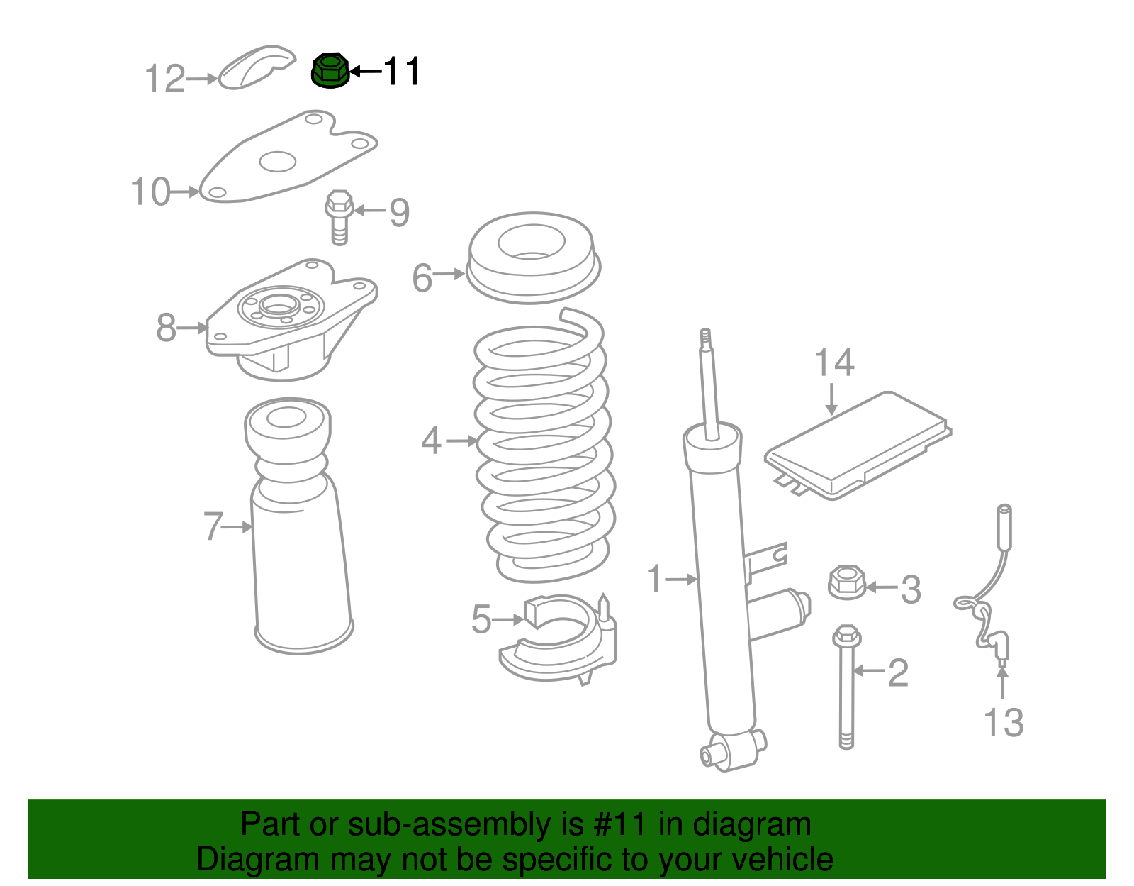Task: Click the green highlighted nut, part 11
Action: (x=330, y=70)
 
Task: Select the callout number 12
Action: (x=164, y=79)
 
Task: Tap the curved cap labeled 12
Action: (x=256, y=67)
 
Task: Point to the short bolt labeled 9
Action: (x=339, y=217)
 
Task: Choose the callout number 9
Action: (x=400, y=213)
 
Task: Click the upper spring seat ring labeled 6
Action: (x=533, y=258)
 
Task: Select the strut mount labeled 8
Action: (x=291, y=319)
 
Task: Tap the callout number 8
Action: (x=166, y=328)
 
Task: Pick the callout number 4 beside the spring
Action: (x=431, y=441)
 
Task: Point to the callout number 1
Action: (x=654, y=578)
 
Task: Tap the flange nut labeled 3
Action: (x=846, y=582)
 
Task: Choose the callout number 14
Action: (x=834, y=362)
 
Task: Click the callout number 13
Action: (x=1004, y=723)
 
